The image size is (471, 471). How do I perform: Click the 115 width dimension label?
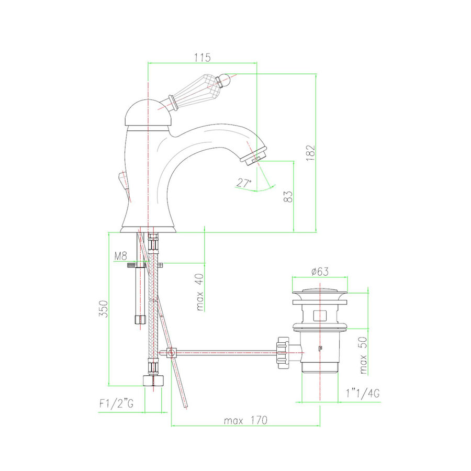click(x=203, y=57)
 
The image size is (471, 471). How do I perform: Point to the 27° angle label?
click(x=244, y=183)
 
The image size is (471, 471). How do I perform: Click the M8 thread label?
click(x=121, y=256)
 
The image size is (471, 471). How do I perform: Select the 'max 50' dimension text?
click(x=362, y=356)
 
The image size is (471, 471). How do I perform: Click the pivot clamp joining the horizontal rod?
click(x=171, y=353)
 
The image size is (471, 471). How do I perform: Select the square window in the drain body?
click(x=319, y=316)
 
